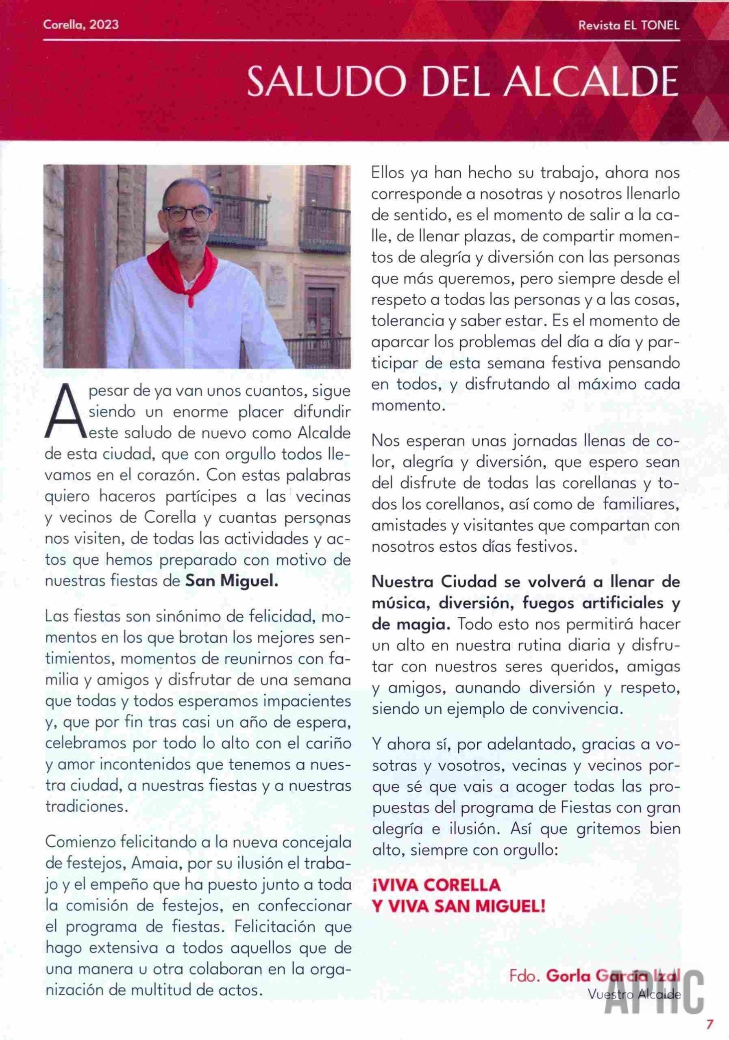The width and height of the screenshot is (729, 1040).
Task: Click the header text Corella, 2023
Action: click(x=81, y=24)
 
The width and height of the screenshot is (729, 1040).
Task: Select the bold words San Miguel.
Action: click(x=232, y=581)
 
